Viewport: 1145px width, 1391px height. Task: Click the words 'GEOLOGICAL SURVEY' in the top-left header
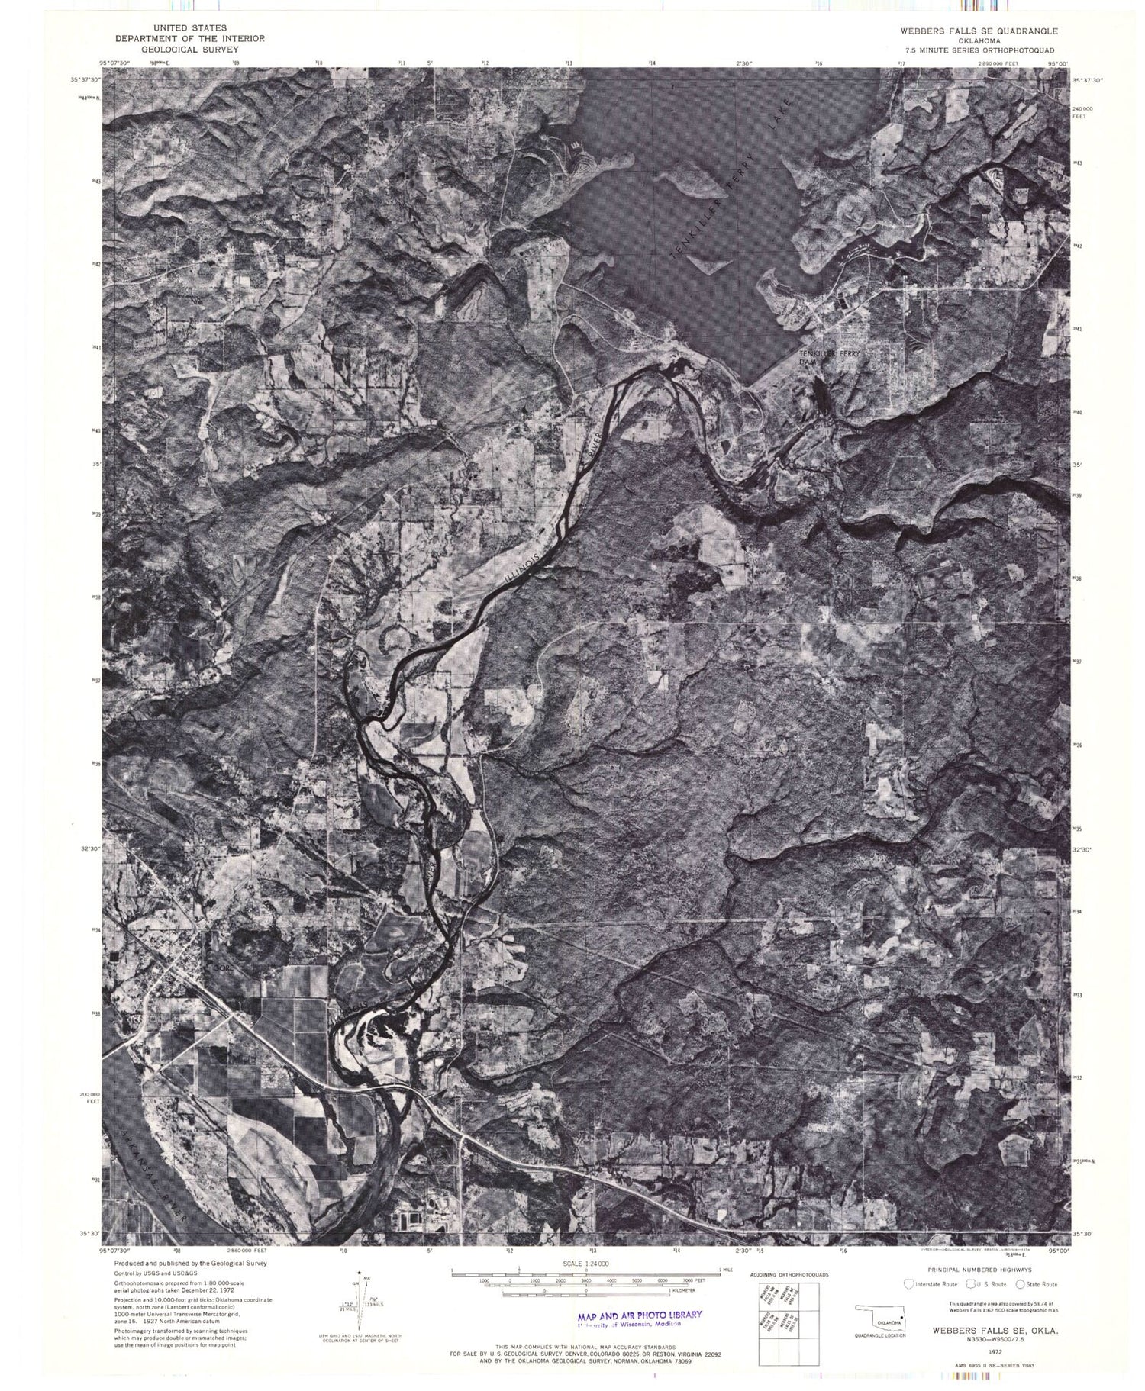click(189, 48)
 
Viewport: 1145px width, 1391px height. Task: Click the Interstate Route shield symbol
click(909, 1284)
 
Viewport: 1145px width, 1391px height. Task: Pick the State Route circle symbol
click(1020, 1284)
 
